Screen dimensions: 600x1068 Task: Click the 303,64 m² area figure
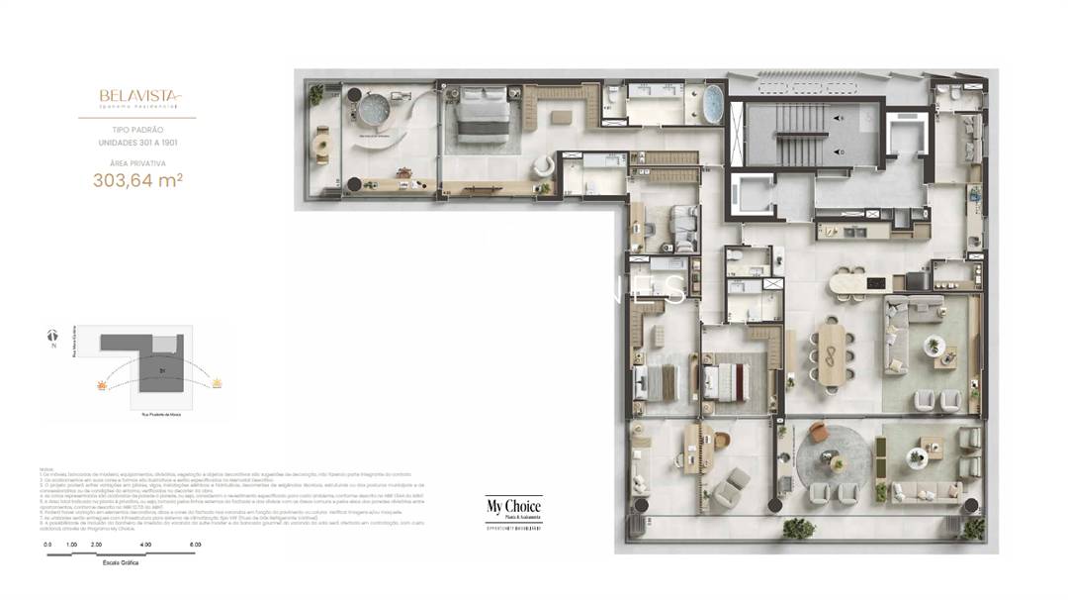coord(137,180)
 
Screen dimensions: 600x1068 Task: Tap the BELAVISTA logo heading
coord(137,97)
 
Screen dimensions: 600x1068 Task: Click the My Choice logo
coord(513,509)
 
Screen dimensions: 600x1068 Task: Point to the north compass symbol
coord(52,336)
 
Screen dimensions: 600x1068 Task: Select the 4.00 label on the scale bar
coord(145,545)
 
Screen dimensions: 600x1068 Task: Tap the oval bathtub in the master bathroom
coord(712,103)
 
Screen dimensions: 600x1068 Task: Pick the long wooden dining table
coord(831,354)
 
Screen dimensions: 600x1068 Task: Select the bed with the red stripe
coord(727,378)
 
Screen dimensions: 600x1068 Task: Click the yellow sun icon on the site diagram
coord(217,380)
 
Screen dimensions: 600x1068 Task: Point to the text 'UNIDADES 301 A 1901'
coord(137,143)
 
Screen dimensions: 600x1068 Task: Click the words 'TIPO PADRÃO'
coord(137,130)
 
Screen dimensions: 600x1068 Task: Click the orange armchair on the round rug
coord(817,433)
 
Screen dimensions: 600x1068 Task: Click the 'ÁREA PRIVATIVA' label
coord(137,162)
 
